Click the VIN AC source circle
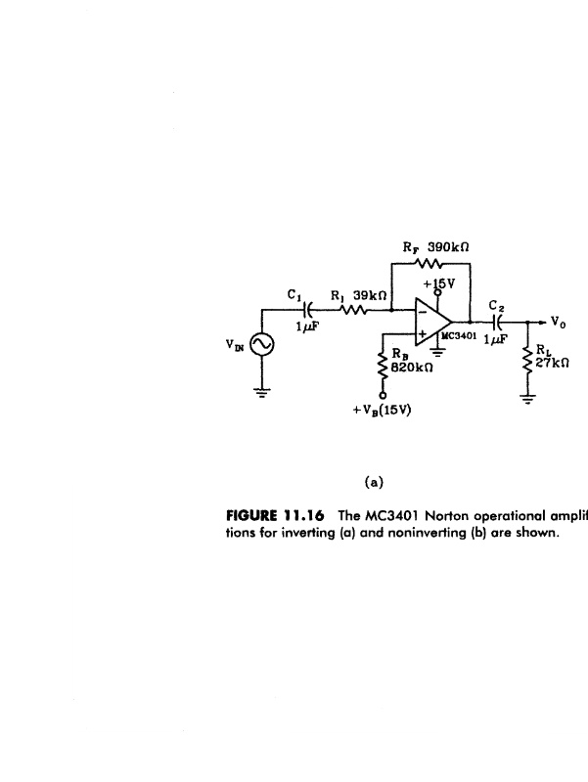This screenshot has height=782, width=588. point(261,344)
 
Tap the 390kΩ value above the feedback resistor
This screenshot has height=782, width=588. point(449,247)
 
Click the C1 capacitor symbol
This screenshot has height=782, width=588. point(307,310)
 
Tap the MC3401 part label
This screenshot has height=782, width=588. point(459,335)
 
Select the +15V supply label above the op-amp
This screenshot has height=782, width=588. point(439,283)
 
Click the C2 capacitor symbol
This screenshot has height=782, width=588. point(497,322)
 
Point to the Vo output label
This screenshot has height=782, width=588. point(559,323)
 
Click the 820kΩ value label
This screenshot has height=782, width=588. point(411,368)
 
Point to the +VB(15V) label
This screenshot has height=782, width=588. point(382,410)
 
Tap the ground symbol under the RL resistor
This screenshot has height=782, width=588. point(528,400)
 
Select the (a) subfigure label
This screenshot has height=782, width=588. point(374,482)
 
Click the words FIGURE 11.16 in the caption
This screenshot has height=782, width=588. point(275,515)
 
